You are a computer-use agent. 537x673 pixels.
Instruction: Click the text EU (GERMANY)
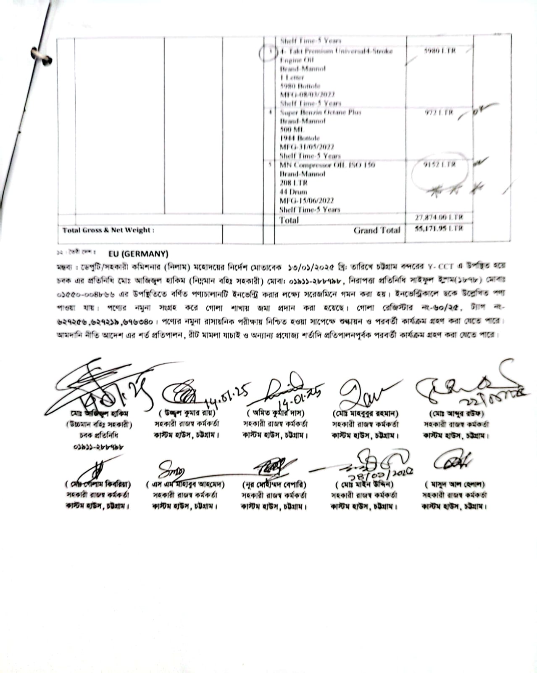tap(138, 254)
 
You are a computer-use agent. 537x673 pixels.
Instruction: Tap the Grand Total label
tap(376, 230)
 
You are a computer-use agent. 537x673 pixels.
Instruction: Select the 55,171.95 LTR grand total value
tap(439, 228)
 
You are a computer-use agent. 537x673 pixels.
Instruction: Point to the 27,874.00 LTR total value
tap(439, 217)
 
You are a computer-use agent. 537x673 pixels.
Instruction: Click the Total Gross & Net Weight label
tap(108, 230)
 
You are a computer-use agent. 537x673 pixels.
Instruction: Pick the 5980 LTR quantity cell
tap(440, 51)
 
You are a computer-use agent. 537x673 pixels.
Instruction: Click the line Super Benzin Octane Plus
tap(320, 112)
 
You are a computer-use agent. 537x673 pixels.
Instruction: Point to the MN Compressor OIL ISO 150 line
tap(327, 165)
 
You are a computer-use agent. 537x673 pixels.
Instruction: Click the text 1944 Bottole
tap(300, 138)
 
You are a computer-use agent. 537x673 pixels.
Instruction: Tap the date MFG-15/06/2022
tap(307, 201)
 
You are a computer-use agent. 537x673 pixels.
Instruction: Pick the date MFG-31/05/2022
tap(307, 147)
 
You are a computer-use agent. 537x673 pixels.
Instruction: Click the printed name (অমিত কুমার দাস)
tap(276, 413)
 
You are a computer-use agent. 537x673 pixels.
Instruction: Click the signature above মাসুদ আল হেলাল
tap(453, 461)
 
